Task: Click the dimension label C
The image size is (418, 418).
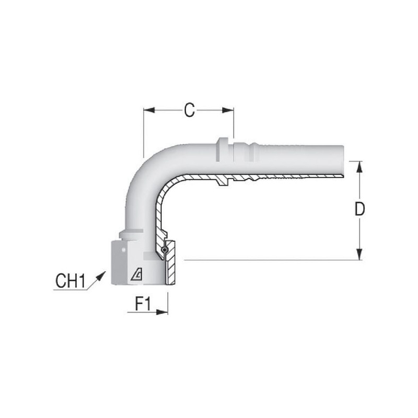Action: pos(189,110)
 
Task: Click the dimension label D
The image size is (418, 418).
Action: pos(359,209)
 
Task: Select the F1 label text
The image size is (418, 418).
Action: pos(143,304)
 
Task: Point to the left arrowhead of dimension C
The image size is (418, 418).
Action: pos(149,110)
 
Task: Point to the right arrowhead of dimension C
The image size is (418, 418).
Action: pos(228,110)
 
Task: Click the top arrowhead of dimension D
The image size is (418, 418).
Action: pos(359,167)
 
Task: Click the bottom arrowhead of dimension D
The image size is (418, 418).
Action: pos(359,254)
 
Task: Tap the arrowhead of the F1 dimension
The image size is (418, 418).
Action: pos(162,312)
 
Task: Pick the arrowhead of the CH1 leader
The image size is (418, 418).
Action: pos(100,276)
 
